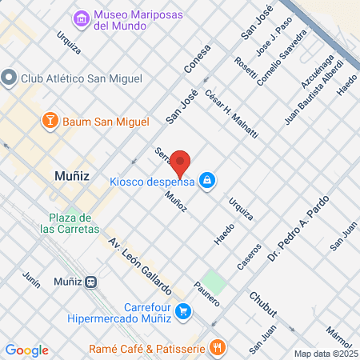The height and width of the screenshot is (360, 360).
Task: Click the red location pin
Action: pyautogui.click(x=182, y=162)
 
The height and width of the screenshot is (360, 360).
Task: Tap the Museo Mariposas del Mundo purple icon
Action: pyautogui.click(x=81, y=18)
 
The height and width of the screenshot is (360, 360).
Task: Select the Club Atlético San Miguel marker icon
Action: pyautogui.click(x=9, y=78)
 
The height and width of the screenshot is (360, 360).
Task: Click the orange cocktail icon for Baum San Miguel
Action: pyautogui.click(x=50, y=121)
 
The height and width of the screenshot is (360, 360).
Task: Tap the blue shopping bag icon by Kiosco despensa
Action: pyautogui.click(x=207, y=180)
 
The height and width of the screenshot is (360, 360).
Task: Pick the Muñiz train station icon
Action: pyautogui.click(x=92, y=282)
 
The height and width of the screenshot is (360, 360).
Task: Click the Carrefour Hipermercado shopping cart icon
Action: pyautogui.click(x=183, y=310)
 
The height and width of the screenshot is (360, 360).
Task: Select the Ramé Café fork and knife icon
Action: pyautogui.click(x=216, y=347)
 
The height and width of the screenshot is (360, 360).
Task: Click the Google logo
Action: pyautogui.click(x=26, y=350)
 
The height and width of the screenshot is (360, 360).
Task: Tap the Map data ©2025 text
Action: pyautogui.click(x=324, y=354)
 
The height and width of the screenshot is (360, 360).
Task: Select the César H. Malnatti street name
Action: pyautogui.click(x=232, y=114)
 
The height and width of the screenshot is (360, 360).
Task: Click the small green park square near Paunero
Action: pyautogui.click(x=212, y=282)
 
